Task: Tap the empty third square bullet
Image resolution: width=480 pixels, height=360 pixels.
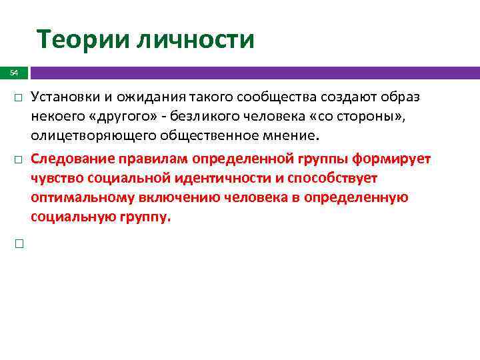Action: pos(19,245)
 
